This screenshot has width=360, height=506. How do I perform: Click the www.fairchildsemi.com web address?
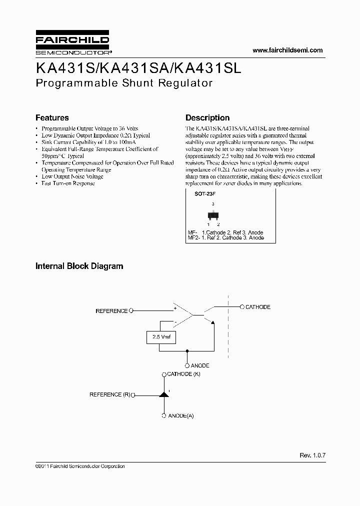click(287, 50)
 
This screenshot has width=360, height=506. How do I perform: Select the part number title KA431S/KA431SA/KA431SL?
click(138, 68)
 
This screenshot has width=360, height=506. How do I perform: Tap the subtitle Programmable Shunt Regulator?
click(124, 83)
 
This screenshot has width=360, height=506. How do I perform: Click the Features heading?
click(52, 118)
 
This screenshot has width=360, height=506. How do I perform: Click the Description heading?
click(207, 118)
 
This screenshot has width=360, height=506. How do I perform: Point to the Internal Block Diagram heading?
click(79, 266)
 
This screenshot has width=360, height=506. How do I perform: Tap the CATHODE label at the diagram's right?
click(257, 307)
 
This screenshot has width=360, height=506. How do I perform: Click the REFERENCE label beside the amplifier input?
click(111, 311)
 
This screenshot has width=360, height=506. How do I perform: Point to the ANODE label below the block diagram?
click(200, 365)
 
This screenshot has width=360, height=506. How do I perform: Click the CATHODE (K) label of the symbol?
click(183, 374)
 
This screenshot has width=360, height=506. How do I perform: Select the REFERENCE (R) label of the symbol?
click(109, 394)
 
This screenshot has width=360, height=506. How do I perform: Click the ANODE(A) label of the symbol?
click(180, 415)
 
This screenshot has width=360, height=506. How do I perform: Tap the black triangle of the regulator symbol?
click(163, 394)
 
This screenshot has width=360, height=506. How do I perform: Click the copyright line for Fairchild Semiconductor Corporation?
click(80, 466)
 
